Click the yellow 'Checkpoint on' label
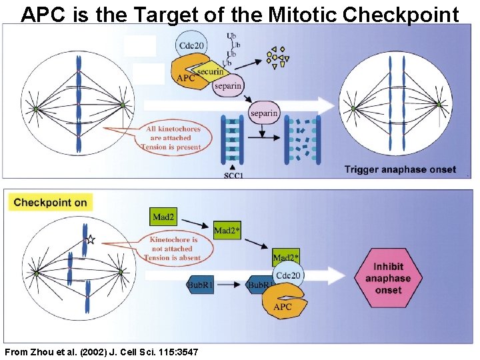click(x=50, y=202)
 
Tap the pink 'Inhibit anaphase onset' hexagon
click(x=388, y=278)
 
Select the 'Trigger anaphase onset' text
click(x=400, y=169)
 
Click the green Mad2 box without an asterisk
click(x=165, y=216)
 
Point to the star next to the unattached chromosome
click(x=91, y=240)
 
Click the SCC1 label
click(x=232, y=175)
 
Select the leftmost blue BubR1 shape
click(x=199, y=285)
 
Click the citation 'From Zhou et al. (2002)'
click(x=100, y=351)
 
